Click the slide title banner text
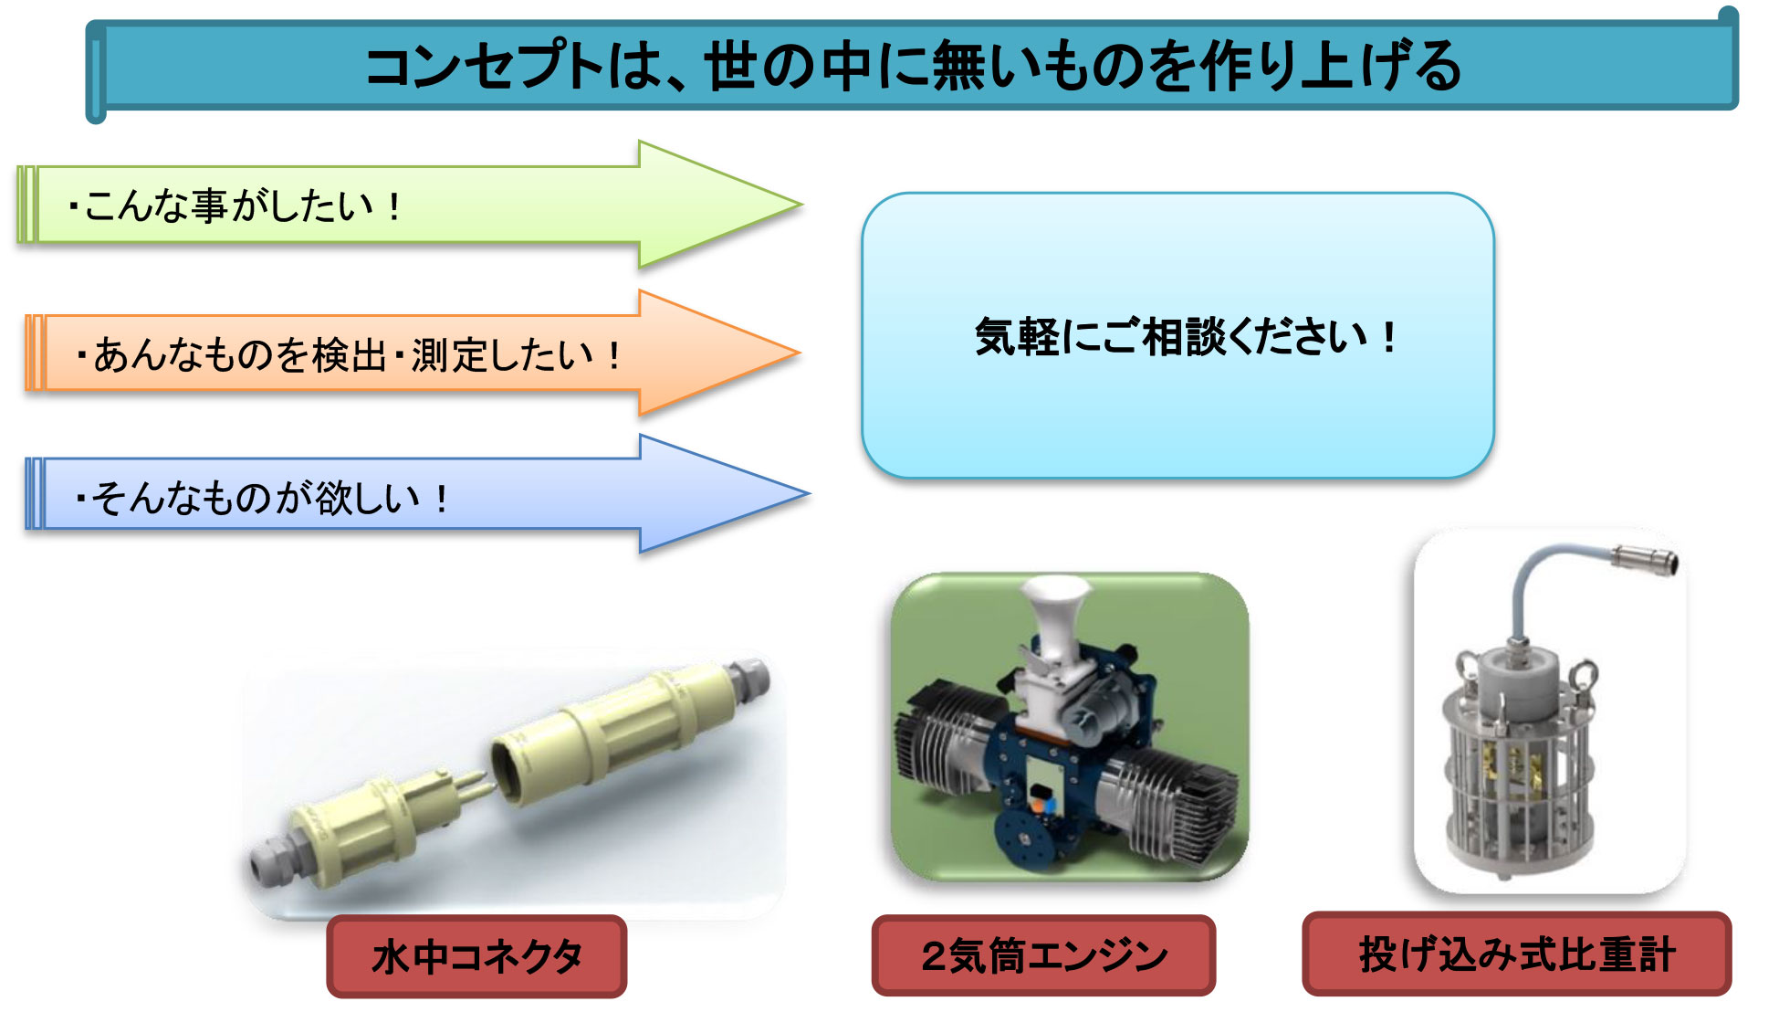click(913, 67)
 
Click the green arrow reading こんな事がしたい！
click(411, 205)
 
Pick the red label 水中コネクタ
click(476, 956)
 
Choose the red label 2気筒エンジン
click(1043, 955)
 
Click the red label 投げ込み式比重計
click(1516, 954)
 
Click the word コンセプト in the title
click(485, 67)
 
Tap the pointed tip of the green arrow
click(802, 205)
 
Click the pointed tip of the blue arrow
click(809, 494)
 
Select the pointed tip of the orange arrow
click(801, 353)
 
